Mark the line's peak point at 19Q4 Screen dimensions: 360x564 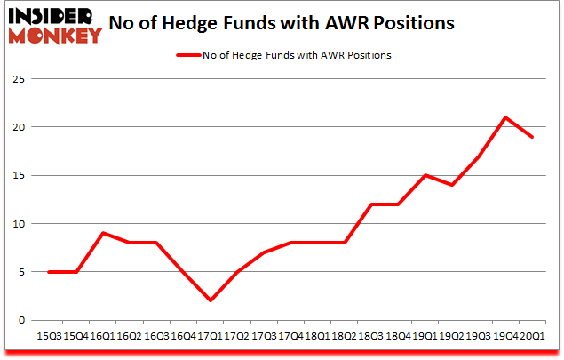tap(505, 117)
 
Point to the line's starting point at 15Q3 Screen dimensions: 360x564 tap(48, 272)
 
